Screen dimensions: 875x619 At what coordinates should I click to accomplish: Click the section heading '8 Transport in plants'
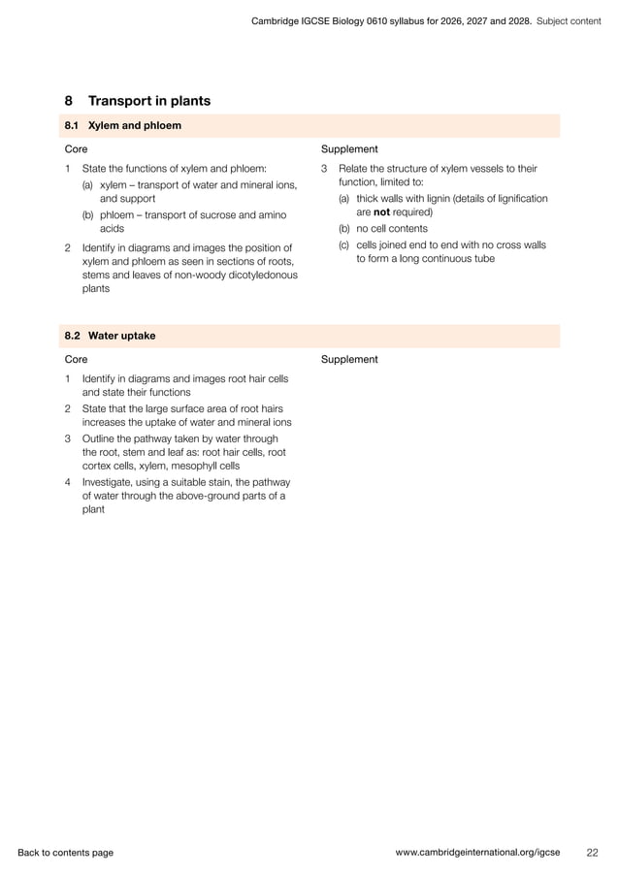click(137, 101)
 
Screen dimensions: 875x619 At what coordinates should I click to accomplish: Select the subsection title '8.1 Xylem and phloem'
click(122, 125)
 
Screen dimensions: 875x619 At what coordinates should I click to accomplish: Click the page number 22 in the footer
click(592, 853)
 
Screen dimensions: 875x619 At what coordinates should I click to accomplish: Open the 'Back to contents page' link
click(65, 853)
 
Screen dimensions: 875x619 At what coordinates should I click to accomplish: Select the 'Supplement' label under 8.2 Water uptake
click(349, 359)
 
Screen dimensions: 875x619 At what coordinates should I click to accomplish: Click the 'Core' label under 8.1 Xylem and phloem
click(76, 149)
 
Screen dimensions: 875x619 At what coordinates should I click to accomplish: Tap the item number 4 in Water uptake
click(68, 482)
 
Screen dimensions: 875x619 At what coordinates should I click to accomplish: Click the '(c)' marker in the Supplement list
click(344, 245)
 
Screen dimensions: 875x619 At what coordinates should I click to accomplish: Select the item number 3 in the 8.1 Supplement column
click(324, 169)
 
